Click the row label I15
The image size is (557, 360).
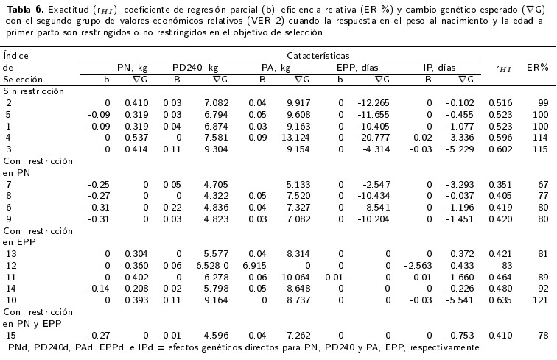[10, 333]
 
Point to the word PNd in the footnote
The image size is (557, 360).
[17, 347]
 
